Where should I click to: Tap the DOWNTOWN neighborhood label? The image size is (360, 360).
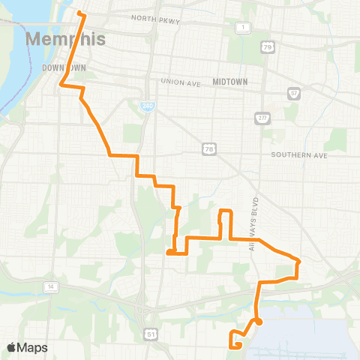click(x=64, y=67)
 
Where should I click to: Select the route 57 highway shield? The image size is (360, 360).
click(x=293, y=94)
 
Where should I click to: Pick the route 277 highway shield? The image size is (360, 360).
click(x=262, y=118)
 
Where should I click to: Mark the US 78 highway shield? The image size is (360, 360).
click(x=208, y=150)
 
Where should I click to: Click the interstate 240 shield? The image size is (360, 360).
click(x=147, y=106)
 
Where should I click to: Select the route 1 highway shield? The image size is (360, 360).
click(x=243, y=28)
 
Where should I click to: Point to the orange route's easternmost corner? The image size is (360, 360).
click(x=299, y=262)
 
